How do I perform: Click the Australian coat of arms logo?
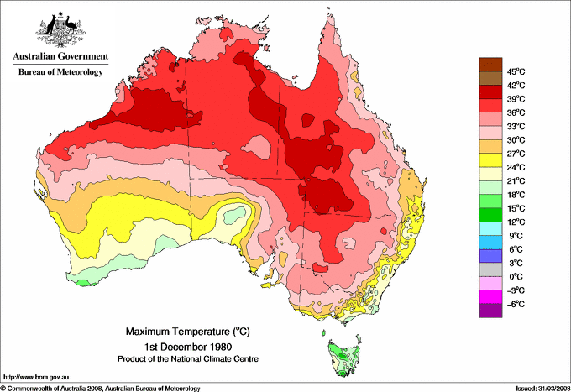(x=60, y=29)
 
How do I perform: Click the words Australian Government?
(x=60, y=57)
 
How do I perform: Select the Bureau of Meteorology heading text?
(x=60, y=72)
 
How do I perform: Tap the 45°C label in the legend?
(x=515, y=71)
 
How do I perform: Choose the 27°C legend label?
(x=515, y=154)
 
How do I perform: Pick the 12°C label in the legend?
(x=515, y=222)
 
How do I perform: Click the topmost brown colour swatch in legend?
(x=490, y=64)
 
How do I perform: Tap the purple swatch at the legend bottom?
(x=490, y=311)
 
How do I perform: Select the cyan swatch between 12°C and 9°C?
(x=490, y=228)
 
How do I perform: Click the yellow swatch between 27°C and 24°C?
(x=490, y=160)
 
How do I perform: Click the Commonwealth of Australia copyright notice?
(x=101, y=388)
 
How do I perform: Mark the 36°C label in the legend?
(x=515, y=112)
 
